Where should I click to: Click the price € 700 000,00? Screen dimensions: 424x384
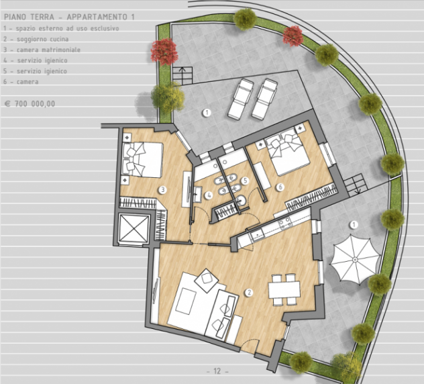point(30,103)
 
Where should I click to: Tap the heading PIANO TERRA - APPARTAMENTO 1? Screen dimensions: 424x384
point(69,17)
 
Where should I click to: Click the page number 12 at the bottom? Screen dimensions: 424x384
point(217,371)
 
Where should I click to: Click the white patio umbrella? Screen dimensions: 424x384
point(355,260)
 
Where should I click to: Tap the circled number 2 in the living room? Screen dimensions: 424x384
point(249,292)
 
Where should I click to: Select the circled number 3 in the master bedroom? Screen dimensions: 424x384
point(162,190)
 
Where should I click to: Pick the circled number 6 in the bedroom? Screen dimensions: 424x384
point(280,187)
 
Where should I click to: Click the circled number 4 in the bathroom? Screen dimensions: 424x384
point(208,195)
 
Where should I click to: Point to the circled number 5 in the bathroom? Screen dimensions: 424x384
point(245,181)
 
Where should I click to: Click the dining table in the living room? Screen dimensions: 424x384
point(284,289)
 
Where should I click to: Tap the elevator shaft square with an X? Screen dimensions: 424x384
point(134,228)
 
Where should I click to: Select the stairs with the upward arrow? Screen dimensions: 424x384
point(182,75)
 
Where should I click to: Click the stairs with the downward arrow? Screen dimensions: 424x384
point(356,185)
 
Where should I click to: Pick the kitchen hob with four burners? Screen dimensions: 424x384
point(286,223)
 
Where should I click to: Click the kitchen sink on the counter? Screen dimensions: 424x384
point(257,236)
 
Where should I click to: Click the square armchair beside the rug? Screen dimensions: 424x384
point(207,281)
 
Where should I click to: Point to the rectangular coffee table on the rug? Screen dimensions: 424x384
point(186,301)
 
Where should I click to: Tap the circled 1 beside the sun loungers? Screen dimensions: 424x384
point(207,113)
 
